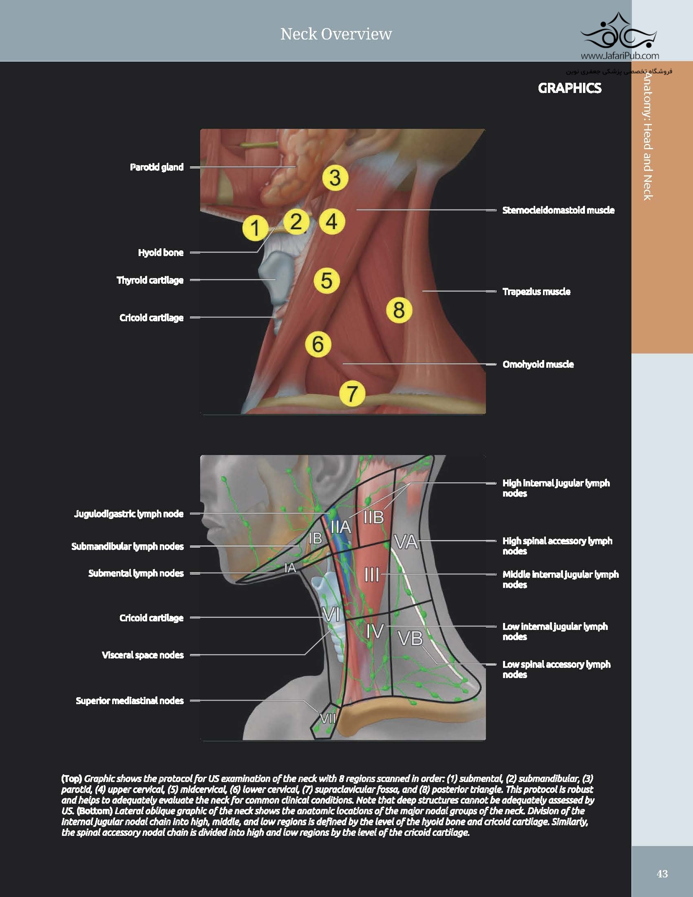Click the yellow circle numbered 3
pos(335,178)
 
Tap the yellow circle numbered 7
pos(352,393)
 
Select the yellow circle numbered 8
pos(399,310)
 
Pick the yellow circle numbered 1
pos(255,228)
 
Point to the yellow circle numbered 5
pos(327,281)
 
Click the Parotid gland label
pos(157,167)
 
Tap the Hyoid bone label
pos(161,253)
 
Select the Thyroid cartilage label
pos(150,280)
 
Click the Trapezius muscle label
pos(536,292)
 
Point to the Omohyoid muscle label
pos(538,364)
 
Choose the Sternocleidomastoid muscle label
pos(558,210)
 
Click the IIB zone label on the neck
pos(373,517)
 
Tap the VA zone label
pos(406,542)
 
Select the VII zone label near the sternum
pos(328,718)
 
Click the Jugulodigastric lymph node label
pos(128,514)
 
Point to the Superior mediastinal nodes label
pos(129,700)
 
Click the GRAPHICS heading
pos(569,88)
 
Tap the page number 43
pos(662,874)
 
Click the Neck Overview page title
pos(336,34)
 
